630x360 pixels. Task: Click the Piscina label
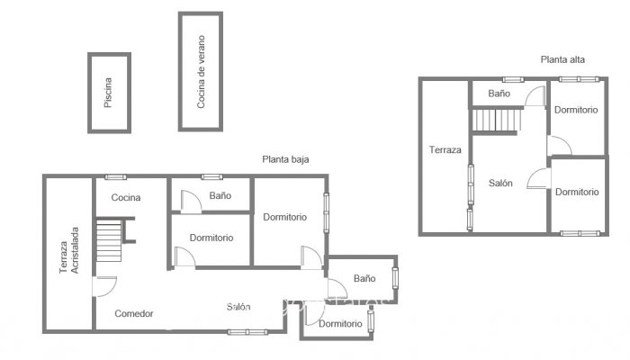(108, 93)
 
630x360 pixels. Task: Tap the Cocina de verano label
(201, 72)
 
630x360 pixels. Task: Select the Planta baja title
(285, 159)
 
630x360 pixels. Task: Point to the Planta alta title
(562, 59)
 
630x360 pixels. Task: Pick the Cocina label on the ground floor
(127, 198)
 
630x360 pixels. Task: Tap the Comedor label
(134, 314)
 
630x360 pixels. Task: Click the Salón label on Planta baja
(238, 308)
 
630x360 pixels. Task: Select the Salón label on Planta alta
(500, 183)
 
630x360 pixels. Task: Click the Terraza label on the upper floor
(445, 149)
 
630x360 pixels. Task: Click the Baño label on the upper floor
(499, 94)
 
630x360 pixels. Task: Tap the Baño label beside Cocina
(220, 195)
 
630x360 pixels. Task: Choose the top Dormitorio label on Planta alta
(576, 110)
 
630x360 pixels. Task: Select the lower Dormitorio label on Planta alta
(576, 192)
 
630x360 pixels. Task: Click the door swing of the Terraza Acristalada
(104, 286)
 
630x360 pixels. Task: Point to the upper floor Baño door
(535, 97)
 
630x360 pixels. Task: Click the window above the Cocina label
(114, 176)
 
